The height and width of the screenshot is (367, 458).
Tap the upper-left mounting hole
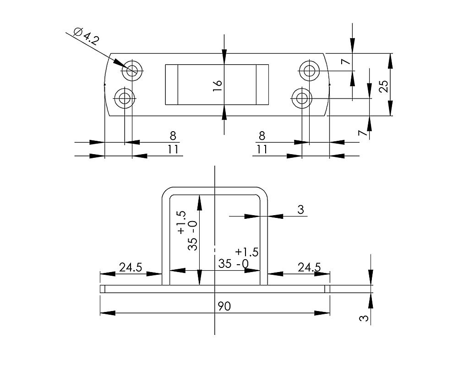coord(133,71)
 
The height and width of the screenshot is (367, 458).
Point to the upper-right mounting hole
coord(309,71)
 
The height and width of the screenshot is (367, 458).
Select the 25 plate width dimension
coord(384,85)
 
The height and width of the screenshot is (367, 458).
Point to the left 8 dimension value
coord(173,136)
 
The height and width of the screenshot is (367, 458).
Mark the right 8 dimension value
coord(262,136)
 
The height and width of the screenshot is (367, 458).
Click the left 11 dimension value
coord(173,150)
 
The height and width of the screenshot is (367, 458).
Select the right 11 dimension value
coord(262,150)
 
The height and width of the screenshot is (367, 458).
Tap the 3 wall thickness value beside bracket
coord(300,210)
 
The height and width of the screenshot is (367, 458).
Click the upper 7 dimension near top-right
coord(346,60)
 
